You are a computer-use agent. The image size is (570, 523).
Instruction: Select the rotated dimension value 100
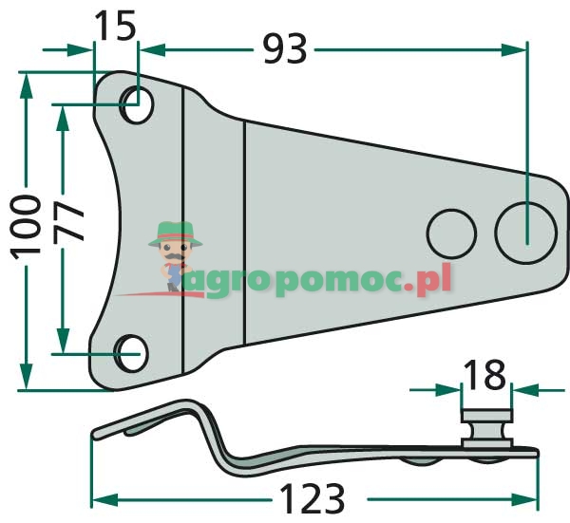25,226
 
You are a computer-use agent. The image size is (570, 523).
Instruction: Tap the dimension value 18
484,376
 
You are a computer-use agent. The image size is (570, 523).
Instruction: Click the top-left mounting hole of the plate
137,104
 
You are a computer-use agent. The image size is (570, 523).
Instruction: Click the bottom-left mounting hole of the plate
130,351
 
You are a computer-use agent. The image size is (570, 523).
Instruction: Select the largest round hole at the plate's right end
525,231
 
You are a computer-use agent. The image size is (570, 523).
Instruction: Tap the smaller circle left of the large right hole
451,233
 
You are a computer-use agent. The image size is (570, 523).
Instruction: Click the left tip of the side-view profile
95,435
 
